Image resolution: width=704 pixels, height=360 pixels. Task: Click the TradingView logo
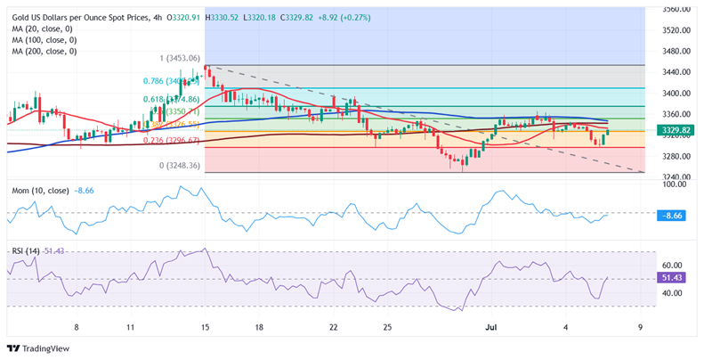(37, 348)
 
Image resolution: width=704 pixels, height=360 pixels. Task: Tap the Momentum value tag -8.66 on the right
(673, 215)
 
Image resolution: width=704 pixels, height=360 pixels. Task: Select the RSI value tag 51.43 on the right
(674, 278)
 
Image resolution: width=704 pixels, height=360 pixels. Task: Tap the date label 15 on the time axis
(206, 327)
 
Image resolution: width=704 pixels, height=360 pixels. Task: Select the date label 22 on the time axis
(333, 327)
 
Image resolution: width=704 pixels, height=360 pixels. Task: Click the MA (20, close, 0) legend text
(42, 29)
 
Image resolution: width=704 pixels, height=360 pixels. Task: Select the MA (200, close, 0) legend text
(45, 51)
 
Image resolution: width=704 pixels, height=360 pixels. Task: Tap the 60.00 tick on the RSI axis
(672, 266)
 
